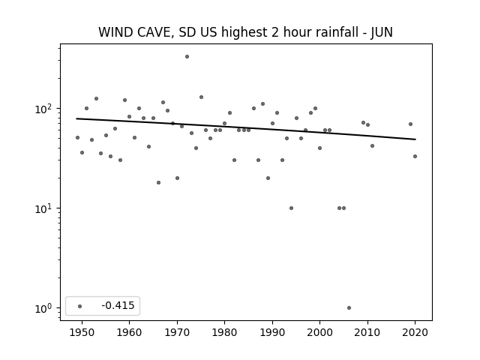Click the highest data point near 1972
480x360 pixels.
coord(187,57)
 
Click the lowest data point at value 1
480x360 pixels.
coord(349,308)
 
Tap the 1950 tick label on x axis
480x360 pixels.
coord(82,332)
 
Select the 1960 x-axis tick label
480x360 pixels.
coord(129,332)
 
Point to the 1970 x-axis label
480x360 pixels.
coord(177,332)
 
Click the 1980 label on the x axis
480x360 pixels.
coord(224,332)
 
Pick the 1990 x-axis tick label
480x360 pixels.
coord(272,332)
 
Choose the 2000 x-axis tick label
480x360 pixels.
coord(319,332)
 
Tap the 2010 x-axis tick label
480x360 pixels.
coord(367,332)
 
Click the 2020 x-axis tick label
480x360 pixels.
coord(415,332)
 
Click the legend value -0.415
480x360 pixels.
coord(118,305)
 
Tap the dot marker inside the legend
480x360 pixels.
coord(80,306)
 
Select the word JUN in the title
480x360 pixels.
coord(382,32)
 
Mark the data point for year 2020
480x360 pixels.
coord(415,157)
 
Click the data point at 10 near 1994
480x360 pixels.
coord(291,208)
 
